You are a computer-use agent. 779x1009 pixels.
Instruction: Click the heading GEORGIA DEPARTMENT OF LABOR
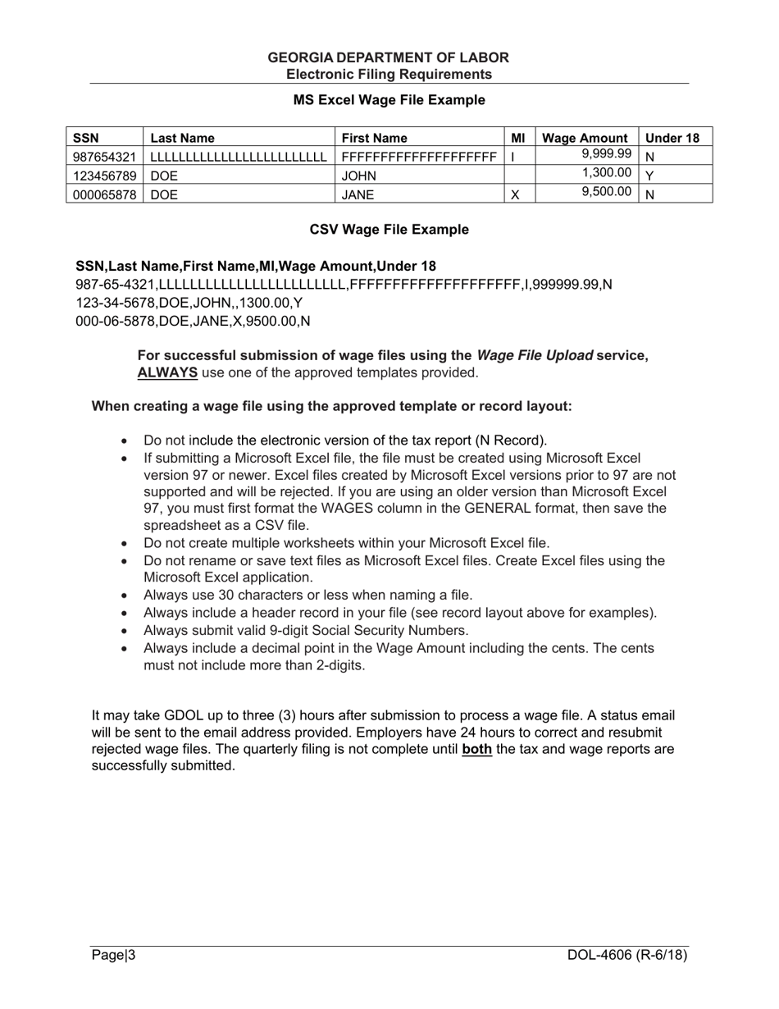[389, 57]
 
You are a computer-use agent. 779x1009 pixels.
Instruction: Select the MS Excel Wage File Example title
[389, 100]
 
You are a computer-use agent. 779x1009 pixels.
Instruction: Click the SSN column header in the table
[86, 138]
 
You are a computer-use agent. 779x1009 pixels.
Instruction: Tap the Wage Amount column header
[585, 138]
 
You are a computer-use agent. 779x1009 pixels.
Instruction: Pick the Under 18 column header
[672, 138]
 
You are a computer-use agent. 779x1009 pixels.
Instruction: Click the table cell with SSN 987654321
[104, 156]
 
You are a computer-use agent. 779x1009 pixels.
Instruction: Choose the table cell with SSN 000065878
[104, 194]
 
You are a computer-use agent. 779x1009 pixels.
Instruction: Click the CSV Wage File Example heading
[389, 230]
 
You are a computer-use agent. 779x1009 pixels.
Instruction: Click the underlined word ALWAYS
[167, 372]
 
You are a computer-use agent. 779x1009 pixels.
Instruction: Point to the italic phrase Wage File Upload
[535, 355]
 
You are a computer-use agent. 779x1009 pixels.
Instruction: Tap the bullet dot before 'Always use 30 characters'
[125, 596]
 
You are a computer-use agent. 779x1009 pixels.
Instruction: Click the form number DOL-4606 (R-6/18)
[627, 955]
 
